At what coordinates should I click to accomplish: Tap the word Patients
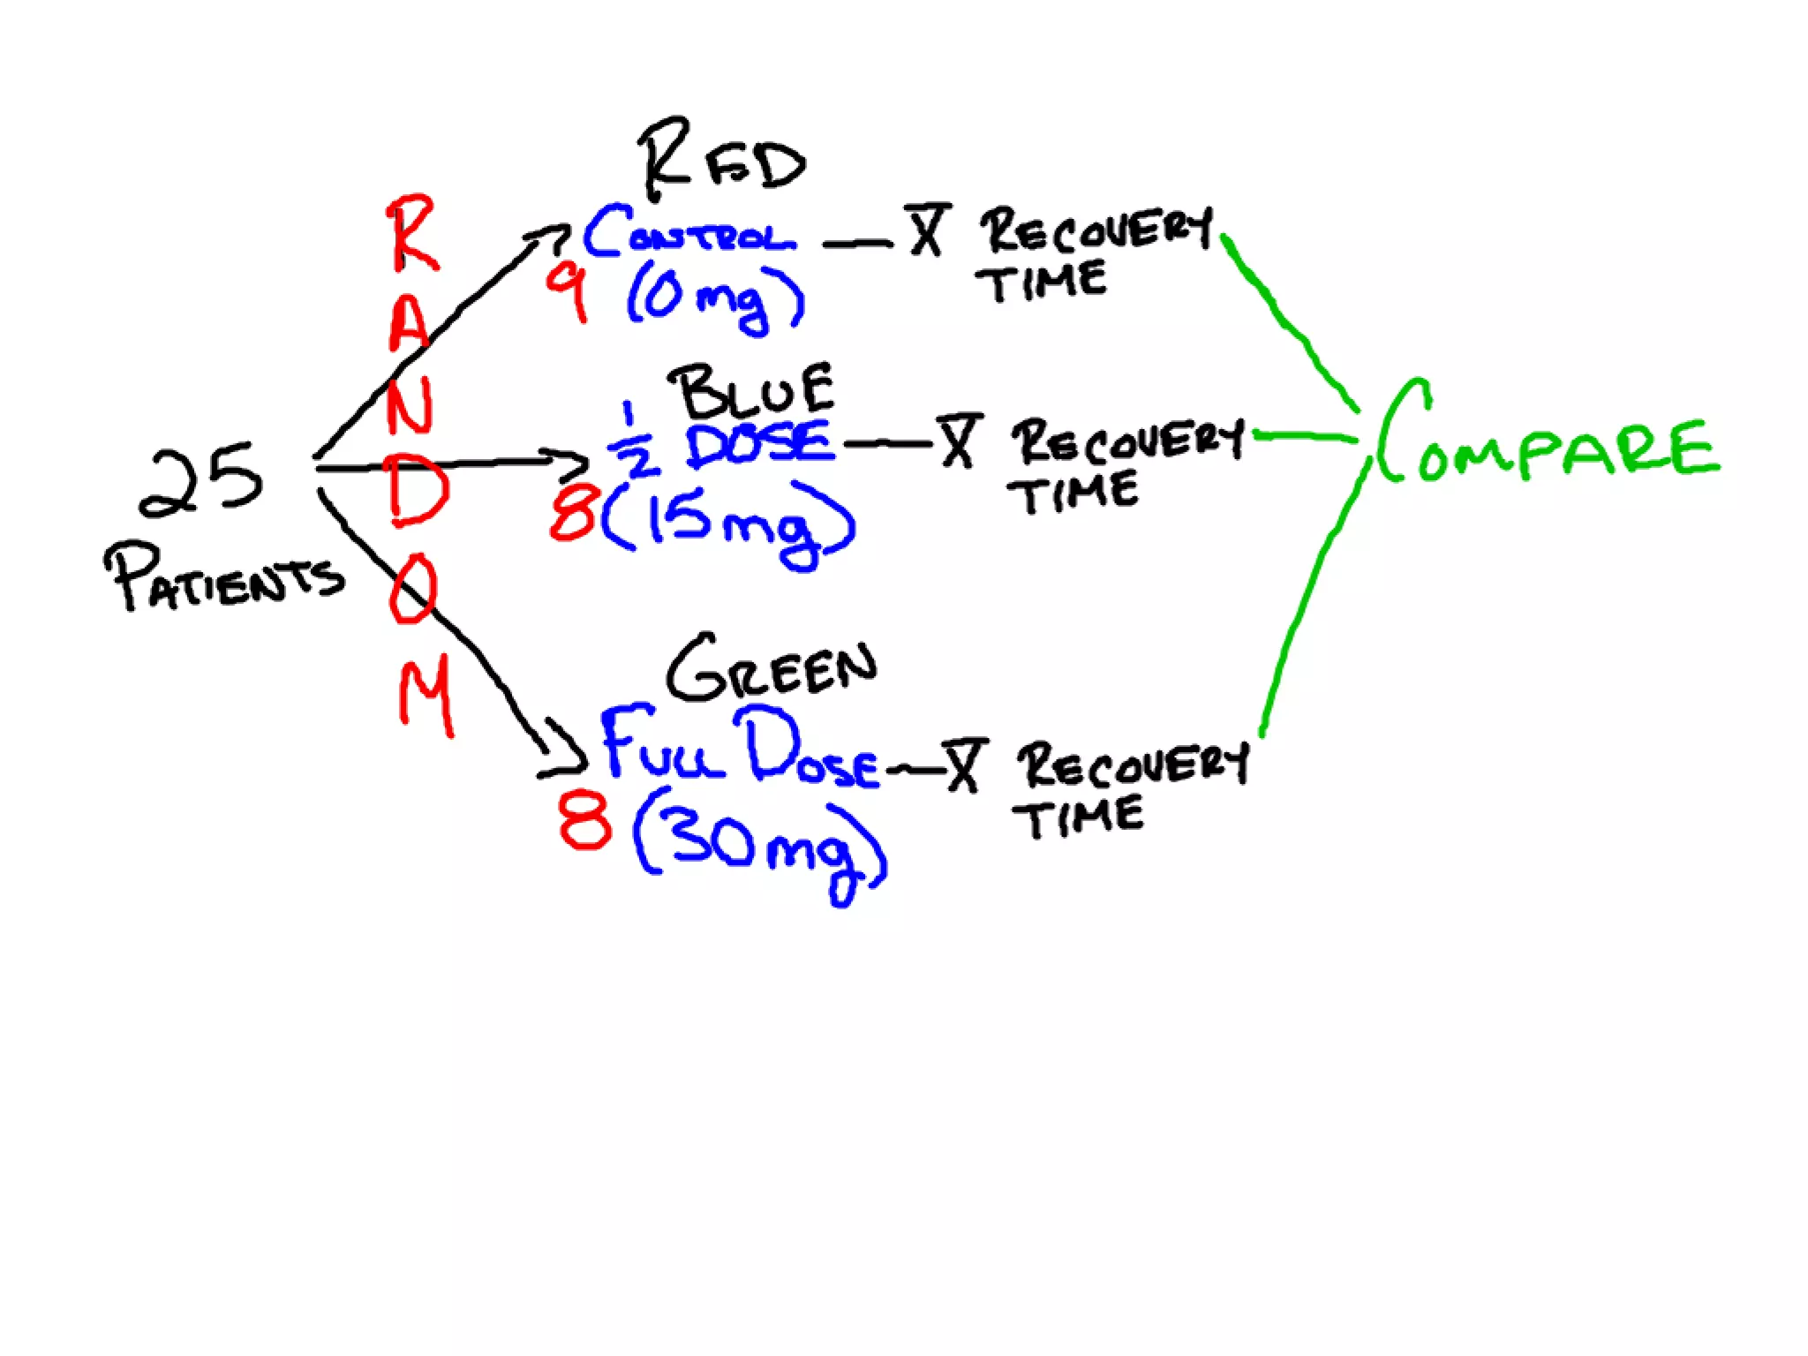[x=223, y=577]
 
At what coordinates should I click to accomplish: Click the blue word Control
[x=689, y=232]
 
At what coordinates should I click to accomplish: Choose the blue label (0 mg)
[x=715, y=298]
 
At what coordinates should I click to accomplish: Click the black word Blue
[x=753, y=392]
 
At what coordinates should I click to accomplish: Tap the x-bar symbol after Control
[x=926, y=230]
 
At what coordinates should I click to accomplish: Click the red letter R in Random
[x=411, y=233]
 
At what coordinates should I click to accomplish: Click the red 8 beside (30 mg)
[x=584, y=820]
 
